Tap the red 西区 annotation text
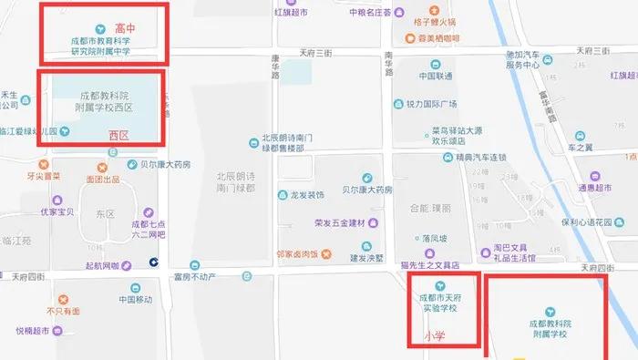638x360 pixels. click(119, 135)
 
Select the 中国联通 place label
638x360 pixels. click(437, 77)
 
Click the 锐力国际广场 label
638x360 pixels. click(431, 103)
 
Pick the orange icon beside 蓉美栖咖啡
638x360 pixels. click(397, 39)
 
